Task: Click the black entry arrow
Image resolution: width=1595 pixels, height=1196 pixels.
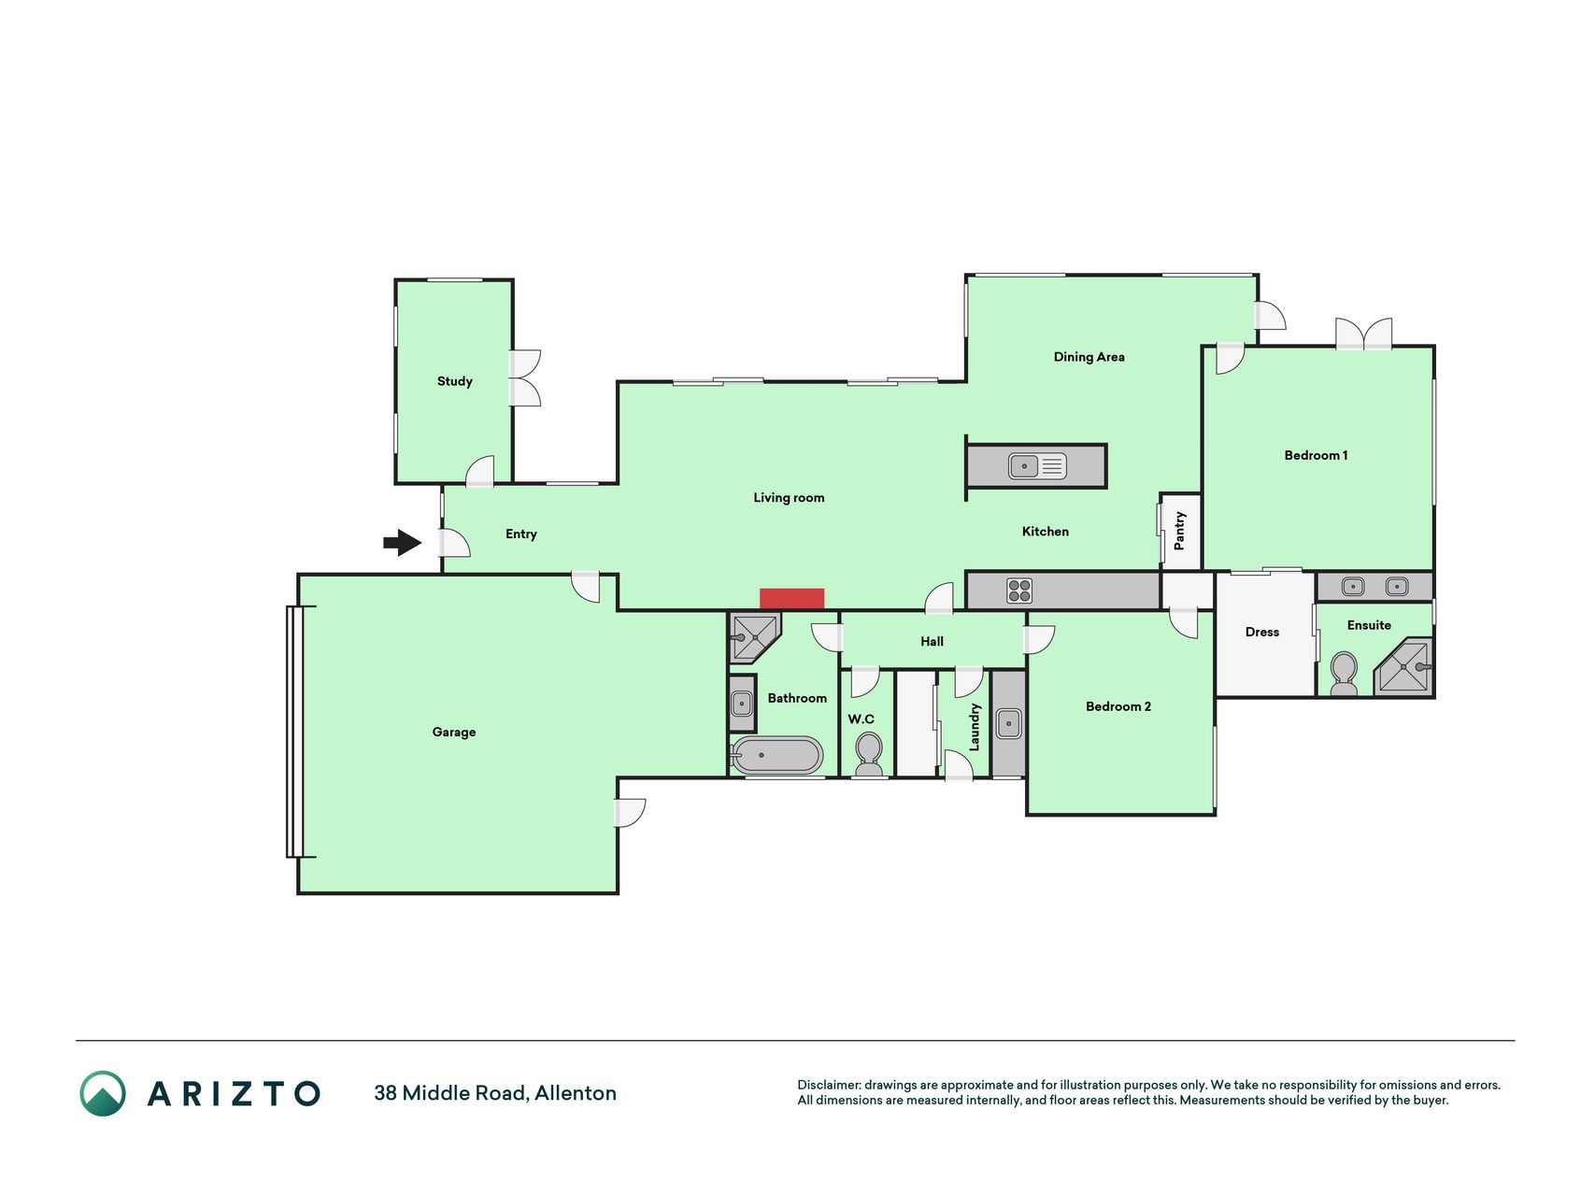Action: click(403, 542)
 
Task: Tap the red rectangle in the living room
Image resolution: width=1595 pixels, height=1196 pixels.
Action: click(791, 599)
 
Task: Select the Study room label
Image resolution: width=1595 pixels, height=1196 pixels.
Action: click(455, 381)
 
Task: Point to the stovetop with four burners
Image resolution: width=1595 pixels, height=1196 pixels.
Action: click(1019, 591)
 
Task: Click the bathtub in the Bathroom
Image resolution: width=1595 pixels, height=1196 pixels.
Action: click(777, 756)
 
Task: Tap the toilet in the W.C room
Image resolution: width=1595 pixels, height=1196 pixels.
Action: click(869, 754)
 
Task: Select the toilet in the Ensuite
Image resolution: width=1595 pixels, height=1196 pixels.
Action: click(1344, 674)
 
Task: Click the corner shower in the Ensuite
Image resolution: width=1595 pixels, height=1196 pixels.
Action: click(1403, 667)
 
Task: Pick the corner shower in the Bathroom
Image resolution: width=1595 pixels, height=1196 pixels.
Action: click(753, 637)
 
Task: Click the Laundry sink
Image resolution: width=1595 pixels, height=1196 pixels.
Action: click(1008, 723)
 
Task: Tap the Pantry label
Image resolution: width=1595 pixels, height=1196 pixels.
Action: click(1180, 530)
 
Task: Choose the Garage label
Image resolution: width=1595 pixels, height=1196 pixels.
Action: click(454, 733)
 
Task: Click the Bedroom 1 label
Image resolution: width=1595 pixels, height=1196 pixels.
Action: click(1316, 456)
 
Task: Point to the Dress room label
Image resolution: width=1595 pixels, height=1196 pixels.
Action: click(1262, 633)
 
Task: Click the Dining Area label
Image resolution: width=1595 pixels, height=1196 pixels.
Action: click(1089, 357)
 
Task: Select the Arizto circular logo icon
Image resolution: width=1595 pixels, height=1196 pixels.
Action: click(103, 1093)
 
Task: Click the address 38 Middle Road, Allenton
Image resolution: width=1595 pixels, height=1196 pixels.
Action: click(495, 1093)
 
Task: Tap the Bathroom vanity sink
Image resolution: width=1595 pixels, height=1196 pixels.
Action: click(742, 703)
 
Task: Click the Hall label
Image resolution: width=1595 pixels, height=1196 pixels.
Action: click(932, 642)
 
